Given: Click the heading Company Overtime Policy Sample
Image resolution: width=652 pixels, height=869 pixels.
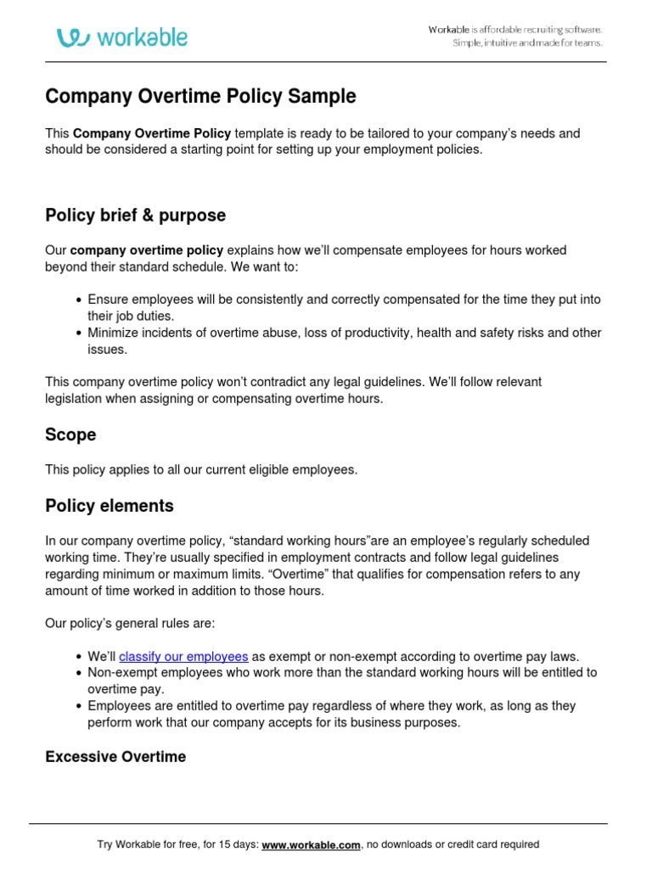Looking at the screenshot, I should click(x=200, y=97).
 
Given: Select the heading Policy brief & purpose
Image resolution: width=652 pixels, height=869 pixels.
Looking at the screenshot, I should click(x=135, y=216).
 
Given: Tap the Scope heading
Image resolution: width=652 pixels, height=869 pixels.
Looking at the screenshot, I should click(x=70, y=434).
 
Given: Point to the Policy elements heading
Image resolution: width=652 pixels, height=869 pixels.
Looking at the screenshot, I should click(x=109, y=506).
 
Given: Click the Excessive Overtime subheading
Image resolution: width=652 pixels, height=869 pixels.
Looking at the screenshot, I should click(x=115, y=756).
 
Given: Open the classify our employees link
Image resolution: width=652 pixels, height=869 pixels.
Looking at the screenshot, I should click(x=183, y=656).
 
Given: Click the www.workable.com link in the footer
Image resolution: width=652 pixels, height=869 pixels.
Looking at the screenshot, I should click(x=312, y=844).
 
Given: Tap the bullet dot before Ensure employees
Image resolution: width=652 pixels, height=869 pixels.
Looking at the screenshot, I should click(x=79, y=300).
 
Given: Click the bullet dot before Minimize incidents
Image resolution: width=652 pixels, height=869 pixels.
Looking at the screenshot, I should click(x=79, y=333).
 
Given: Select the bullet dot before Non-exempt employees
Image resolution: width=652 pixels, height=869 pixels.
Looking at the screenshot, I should click(x=79, y=673).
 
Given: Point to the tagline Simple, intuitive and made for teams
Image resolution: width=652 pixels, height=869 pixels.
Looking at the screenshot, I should click(x=526, y=43).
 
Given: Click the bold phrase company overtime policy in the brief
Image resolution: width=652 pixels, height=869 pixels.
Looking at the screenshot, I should click(x=147, y=250).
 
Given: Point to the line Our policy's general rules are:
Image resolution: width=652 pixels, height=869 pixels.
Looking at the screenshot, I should click(x=130, y=624).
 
